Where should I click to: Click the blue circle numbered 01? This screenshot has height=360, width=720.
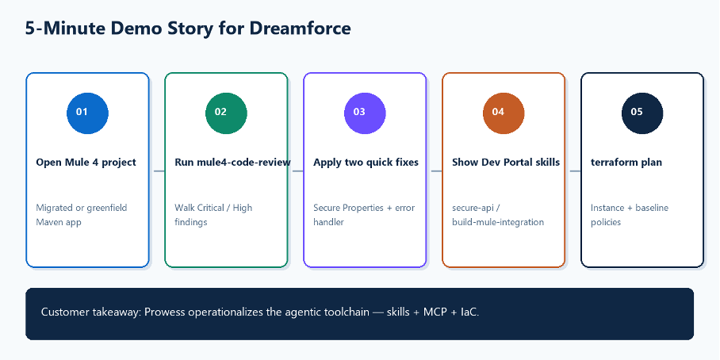87,113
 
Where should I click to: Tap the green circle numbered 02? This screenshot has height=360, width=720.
226,113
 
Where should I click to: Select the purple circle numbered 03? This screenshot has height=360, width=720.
365,113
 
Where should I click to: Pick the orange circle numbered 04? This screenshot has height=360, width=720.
504,113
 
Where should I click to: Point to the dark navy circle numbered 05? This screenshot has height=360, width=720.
642,113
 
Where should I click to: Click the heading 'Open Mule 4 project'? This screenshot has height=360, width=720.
86,163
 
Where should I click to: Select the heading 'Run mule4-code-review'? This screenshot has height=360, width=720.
233,163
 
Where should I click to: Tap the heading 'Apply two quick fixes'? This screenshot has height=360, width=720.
366,163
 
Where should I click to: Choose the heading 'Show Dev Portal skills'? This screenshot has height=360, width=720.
506,163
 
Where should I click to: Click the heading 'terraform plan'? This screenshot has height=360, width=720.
626,163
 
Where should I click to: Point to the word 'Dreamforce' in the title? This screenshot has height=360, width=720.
301,29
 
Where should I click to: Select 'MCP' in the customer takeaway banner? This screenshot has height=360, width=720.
435,312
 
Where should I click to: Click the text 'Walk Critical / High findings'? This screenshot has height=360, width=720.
213,215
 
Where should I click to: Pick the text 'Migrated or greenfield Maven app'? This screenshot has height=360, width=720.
81,215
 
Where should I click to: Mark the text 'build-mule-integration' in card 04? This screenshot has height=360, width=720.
498,222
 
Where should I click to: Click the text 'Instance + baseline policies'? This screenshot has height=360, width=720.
630,215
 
